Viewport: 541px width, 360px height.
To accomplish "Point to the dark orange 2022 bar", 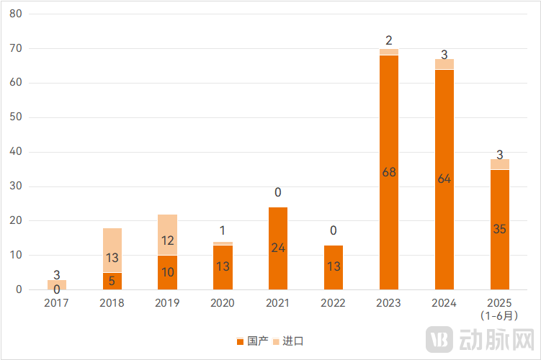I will click(334, 267).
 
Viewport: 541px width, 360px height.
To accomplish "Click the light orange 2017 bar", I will click(56, 284).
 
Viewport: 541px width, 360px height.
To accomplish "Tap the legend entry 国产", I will click(252, 341).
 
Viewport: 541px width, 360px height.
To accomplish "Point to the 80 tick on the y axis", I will click(16, 14).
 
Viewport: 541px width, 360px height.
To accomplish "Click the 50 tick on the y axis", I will click(16, 117).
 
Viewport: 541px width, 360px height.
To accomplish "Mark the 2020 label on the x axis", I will click(223, 303).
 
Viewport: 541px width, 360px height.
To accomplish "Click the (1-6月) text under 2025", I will click(500, 315).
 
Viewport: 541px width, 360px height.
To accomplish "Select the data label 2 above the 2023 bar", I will click(389, 40).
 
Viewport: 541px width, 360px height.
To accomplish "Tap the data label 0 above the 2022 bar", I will click(334, 231).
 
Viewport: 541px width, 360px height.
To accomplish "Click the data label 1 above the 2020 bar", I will click(223, 231).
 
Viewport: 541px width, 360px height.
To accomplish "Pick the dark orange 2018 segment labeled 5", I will click(112, 281).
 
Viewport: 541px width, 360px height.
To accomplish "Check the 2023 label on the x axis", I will click(389, 303).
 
